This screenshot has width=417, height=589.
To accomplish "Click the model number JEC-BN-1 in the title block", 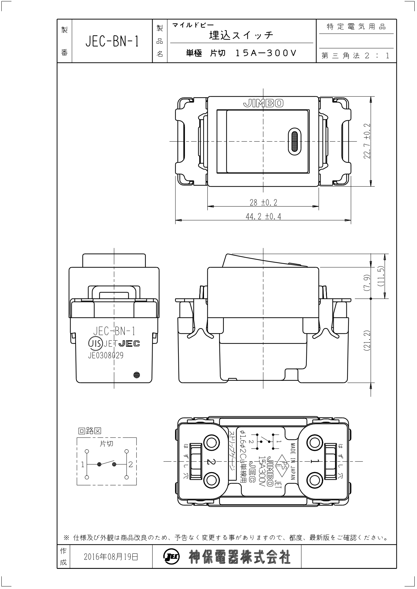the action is tap(112, 41).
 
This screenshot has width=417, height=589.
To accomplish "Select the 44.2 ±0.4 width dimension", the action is tap(263, 216).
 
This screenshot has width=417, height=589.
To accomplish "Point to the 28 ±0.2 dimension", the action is tap(263, 202).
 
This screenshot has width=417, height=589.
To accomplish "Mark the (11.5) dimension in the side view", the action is tap(381, 276).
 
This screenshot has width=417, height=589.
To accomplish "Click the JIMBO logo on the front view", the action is tap(263, 103).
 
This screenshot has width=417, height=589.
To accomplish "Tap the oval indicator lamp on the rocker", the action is tap(294, 141).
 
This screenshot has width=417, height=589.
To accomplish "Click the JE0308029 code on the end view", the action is tap(106, 355).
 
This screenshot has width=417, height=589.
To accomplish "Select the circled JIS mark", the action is tap(95, 343).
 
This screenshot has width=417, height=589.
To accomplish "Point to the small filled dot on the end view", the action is tap(137, 375).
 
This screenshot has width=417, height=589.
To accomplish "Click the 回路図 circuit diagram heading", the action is tap(89, 431).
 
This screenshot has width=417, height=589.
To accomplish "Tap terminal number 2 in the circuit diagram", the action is tap(131, 465).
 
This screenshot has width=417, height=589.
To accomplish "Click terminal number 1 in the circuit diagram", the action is tap(83, 465).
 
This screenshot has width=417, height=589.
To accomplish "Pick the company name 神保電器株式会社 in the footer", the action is tap(239, 557).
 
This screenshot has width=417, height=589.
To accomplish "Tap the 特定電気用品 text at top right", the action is tap(357, 27).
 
